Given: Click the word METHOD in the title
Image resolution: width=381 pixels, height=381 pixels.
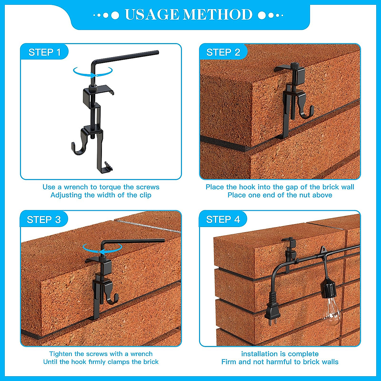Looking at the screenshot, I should (x=218, y=15).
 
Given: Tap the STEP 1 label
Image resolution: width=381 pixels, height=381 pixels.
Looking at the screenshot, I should (x=44, y=52).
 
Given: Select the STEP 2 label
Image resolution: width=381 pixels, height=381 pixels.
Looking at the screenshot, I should (x=223, y=52).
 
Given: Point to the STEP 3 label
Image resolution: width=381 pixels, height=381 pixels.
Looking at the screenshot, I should (x=44, y=220).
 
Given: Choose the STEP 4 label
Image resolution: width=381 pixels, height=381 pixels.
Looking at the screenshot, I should (x=223, y=219).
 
